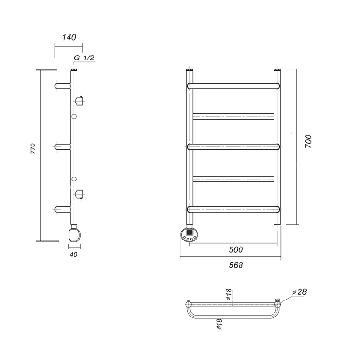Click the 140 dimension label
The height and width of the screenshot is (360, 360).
[69, 37]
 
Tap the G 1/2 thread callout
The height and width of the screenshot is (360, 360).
[84, 57]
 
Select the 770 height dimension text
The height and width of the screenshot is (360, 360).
[33, 148]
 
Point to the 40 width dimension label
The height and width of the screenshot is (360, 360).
[74, 254]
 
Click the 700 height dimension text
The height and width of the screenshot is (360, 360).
[309, 141]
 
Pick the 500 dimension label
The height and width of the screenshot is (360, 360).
[236, 249]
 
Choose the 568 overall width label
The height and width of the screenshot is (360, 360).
[236, 265]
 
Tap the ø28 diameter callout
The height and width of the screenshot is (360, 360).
[300, 292]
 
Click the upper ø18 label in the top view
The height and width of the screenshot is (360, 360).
[229, 294]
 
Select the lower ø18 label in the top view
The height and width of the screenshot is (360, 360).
[220, 324]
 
